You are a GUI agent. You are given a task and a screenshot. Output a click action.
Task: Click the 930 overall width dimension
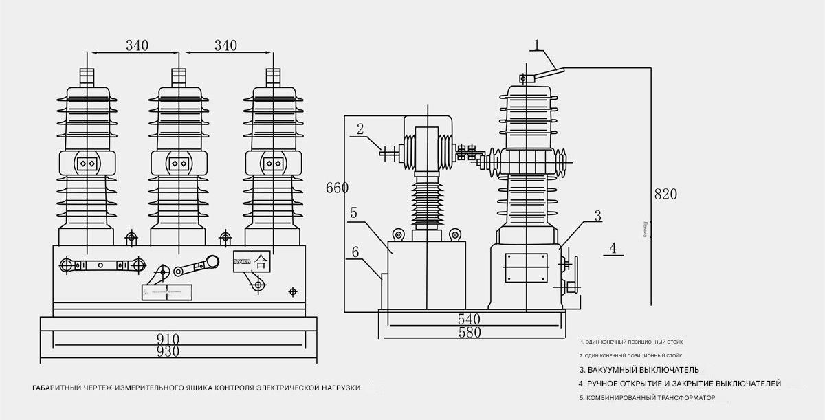point(168,351)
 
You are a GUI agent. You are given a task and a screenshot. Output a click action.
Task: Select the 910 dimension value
point(168,339)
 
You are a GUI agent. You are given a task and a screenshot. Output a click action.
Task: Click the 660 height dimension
point(337,188)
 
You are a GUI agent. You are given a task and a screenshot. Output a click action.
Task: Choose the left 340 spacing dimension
point(137,45)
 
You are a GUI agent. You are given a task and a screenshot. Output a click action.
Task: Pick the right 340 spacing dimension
point(225,45)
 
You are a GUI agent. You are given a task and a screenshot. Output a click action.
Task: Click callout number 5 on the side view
point(353,213)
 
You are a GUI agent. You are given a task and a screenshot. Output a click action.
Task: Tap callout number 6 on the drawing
point(355,252)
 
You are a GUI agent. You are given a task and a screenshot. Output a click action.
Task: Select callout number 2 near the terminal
point(360,129)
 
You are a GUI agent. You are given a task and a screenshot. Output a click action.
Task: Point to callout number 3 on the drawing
point(597,215)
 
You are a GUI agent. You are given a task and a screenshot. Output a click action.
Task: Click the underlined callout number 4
point(613,247)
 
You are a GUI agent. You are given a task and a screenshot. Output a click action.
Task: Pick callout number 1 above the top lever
point(539,45)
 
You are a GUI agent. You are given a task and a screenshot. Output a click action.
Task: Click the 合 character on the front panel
point(261,261)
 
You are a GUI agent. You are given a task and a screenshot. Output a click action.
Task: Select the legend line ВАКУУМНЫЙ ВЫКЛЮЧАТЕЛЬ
point(639,370)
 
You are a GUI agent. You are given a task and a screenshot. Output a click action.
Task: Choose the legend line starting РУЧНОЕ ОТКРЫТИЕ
point(679,383)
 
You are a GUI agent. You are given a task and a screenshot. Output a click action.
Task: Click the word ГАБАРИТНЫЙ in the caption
point(56,388)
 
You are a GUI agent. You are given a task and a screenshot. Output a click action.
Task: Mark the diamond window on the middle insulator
point(179,163)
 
